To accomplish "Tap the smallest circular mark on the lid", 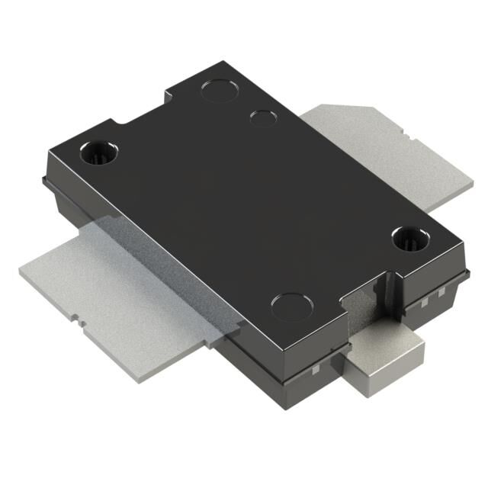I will [262, 118].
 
